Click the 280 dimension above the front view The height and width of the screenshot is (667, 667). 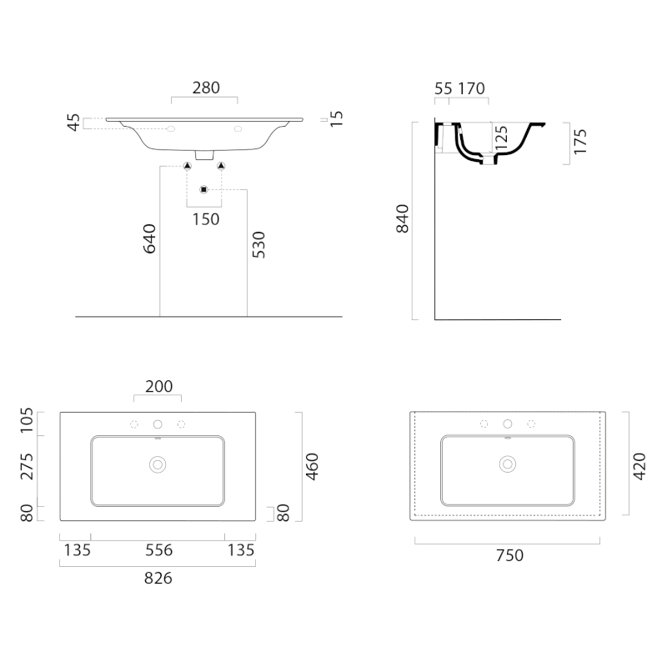[206, 88]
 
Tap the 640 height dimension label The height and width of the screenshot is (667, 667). [149, 238]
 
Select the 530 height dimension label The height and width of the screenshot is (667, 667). [258, 244]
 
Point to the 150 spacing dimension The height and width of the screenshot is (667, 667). [206, 219]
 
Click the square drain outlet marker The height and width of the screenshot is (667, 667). [203, 189]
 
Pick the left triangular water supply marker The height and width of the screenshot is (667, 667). [187, 165]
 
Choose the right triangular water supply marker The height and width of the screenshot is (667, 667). [221, 165]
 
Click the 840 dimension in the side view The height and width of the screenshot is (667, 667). [402, 218]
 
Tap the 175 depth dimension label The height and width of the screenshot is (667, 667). [580, 142]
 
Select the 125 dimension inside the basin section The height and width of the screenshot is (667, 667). [502, 137]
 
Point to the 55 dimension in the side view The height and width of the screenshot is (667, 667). [444, 88]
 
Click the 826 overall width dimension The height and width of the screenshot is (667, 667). [158, 578]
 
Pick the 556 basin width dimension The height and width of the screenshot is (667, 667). [159, 550]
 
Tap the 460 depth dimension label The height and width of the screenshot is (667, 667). [312, 467]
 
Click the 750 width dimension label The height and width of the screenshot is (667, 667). [509, 555]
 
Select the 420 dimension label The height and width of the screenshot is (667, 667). [639, 467]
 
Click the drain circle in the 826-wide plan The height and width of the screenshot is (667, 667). [158, 465]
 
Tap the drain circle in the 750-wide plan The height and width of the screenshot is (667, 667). [508, 464]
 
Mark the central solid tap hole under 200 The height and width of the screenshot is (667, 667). [158, 424]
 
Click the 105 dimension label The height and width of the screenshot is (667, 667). [27, 420]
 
